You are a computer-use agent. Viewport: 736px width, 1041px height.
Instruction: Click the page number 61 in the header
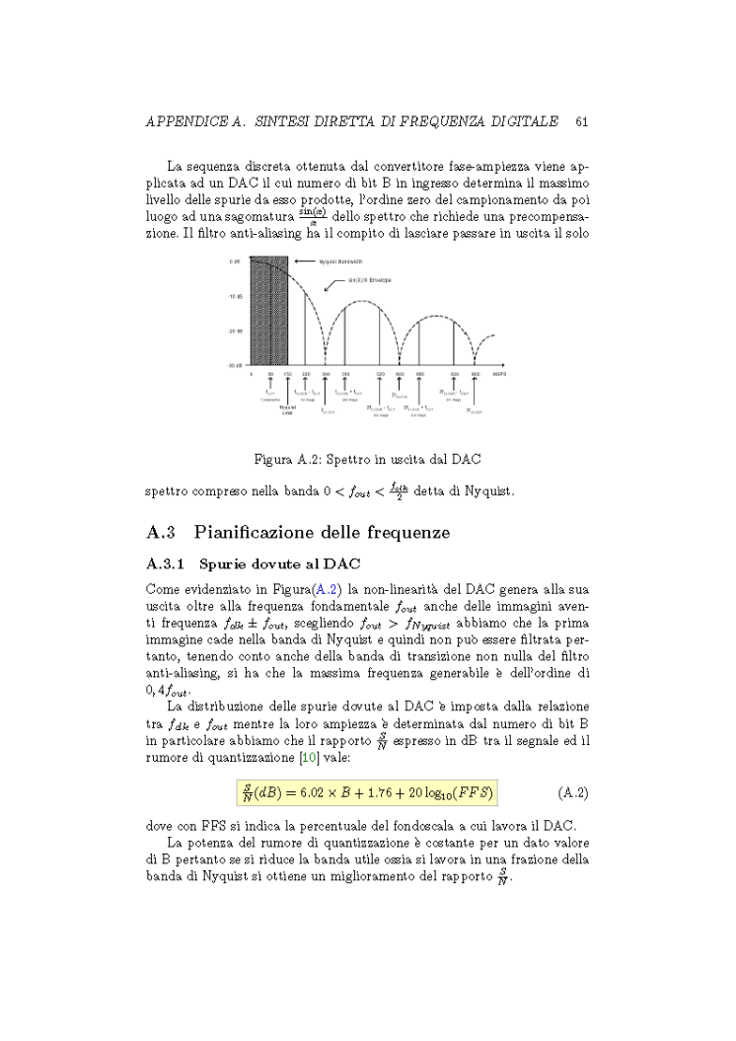pos(581,121)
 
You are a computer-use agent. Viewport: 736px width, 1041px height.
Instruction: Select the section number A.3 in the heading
pos(160,533)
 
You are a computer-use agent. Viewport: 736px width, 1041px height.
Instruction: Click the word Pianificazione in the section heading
pos(254,533)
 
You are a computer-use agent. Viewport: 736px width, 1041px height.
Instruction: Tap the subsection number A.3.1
pos(163,565)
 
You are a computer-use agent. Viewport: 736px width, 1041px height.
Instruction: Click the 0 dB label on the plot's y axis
pos(236,261)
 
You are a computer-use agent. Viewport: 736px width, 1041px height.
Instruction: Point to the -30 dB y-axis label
pos(235,365)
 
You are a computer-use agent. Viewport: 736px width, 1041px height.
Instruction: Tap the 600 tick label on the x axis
pos(401,375)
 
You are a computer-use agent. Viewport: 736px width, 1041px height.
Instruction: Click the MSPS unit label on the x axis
pos(500,375)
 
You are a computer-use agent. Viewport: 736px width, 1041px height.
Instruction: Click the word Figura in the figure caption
pos(273,460)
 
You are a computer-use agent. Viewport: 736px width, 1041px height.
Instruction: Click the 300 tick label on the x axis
pos(326,375)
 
